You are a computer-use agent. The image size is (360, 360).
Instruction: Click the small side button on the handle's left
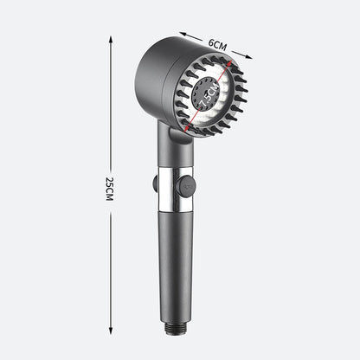tap(151, 183)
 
